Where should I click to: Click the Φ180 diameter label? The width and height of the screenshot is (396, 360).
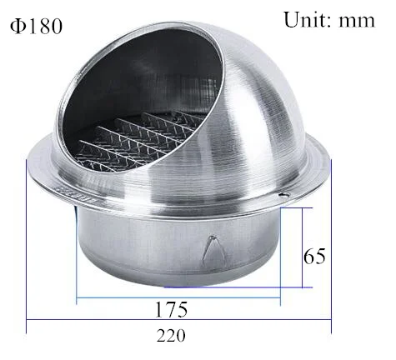point(36,27)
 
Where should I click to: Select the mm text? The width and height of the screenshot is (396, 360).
point(357,22)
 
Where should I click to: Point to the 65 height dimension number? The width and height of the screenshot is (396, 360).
point(314,256)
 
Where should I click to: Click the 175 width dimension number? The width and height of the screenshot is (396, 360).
point(171,309)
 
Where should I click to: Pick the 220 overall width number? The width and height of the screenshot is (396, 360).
point(171,336)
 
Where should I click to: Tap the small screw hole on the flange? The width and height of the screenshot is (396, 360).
point(283,195)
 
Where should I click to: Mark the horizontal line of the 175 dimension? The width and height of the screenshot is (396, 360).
point(178,297)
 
